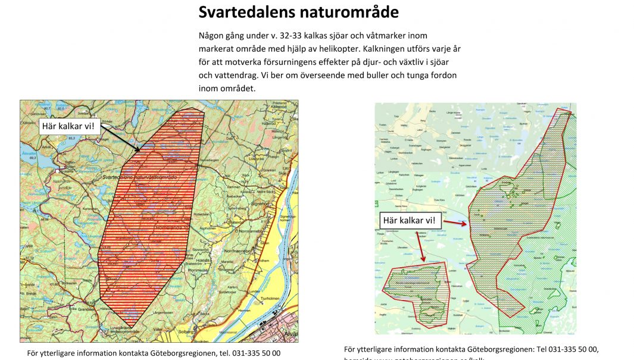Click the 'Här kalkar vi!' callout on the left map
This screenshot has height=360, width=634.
68,126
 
